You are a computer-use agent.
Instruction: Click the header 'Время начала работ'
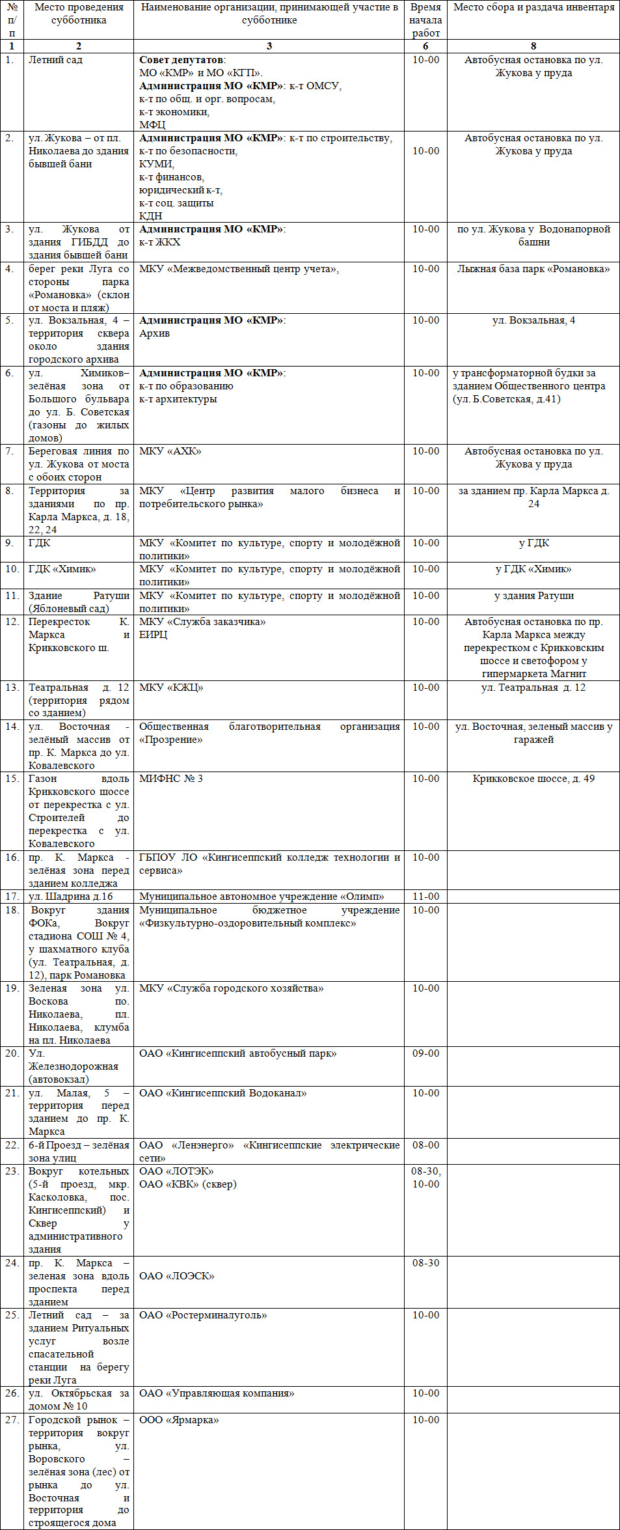point(425,20)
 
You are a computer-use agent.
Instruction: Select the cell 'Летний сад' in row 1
point(55,60)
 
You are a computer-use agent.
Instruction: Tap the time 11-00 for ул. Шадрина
point(425,897)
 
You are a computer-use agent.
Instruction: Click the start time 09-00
point(425,1053)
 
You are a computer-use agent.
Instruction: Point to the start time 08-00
point(425,1145)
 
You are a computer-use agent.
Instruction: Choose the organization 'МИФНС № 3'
point(171,779)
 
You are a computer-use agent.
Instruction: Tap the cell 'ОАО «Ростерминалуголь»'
point(203,1315)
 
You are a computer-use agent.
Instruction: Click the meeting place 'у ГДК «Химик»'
point(533,569)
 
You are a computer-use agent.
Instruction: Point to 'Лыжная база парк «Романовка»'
point(533,269)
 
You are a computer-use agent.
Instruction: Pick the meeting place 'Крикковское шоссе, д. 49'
point(533,779)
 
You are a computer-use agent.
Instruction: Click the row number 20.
point(12,1053)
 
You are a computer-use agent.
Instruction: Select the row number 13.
point(12,688)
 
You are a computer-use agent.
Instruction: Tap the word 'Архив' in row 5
point(154,333)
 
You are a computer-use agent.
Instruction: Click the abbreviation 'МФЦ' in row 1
point(152,125)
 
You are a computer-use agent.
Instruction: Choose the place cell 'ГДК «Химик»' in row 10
point(62,569)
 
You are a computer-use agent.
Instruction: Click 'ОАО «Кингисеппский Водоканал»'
point(223,1093)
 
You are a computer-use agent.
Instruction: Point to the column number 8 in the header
point(533,46)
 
